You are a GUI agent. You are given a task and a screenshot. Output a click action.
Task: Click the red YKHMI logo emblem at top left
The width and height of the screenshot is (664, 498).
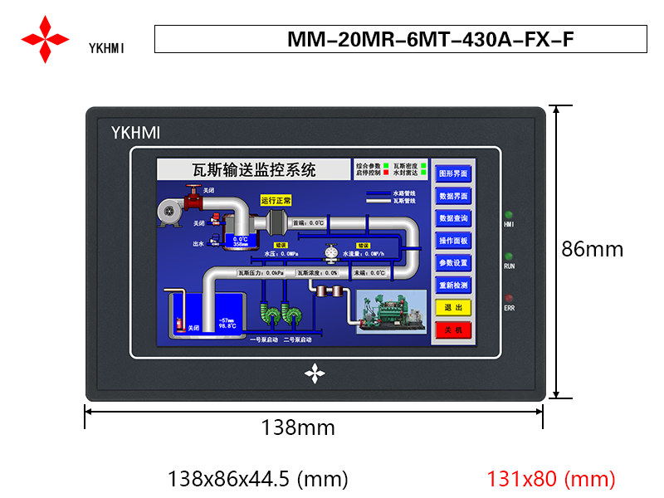pos(46,38)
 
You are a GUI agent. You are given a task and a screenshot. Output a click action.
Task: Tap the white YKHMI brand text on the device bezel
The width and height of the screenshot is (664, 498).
pos(135,132)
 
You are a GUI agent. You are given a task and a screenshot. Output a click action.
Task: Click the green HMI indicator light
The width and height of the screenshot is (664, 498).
pos(510,214)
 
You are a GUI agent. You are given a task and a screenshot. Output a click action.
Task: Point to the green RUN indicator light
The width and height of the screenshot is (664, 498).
pos(510,256)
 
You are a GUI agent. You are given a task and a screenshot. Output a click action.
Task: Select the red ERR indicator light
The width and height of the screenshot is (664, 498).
pos(510,298)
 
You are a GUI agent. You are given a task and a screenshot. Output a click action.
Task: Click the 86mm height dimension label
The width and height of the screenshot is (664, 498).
pos(592,248)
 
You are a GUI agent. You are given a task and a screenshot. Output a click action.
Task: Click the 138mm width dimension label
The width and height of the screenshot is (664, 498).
pos(298,427)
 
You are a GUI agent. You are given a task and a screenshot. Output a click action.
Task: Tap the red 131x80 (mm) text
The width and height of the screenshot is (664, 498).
pos(551,479)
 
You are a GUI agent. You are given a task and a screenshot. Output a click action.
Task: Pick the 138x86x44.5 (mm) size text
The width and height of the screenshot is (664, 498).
pos(257,479)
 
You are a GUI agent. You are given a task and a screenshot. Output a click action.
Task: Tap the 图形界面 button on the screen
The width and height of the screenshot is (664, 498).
pos(453,174)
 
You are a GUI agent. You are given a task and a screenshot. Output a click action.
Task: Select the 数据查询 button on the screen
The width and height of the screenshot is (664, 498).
pos(453,218)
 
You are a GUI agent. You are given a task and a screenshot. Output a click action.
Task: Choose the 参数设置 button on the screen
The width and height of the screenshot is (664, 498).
pos(453,263)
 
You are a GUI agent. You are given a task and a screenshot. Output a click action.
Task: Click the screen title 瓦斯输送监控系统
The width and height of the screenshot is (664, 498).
pos(254,170)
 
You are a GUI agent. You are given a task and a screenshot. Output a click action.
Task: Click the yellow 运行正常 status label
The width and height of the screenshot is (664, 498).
pos(276,200)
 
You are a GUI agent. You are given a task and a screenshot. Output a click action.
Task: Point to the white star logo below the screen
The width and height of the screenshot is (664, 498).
pos(315,373)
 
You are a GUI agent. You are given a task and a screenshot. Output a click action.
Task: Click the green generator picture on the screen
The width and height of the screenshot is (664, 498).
pos(386,310)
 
